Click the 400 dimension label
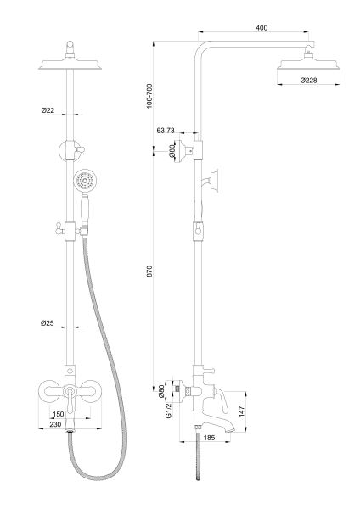point(262,28)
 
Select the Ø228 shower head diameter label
point(308,80)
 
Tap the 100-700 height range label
point(149,96)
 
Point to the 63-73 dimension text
point(166,131)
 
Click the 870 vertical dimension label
point(149,271)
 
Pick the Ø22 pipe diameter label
point(48,110)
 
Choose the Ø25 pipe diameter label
point(48,323)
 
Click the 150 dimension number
point(58,414)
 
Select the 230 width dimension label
point(55,424)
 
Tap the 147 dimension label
point(241,411)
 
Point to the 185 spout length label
point(209,438)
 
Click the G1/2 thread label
point(168,411)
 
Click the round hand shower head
point(86,180)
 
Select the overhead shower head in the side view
point(308,61)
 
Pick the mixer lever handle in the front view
point(70,399)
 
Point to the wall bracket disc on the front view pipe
point(70,151)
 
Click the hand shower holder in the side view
point(211,180)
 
